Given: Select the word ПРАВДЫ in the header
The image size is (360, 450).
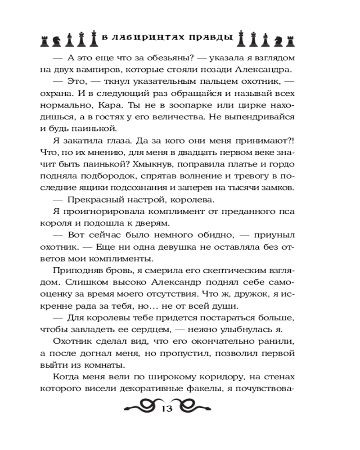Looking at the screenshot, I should [x=211, y=38].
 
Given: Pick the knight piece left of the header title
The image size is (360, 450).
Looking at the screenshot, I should [x=57, y=40].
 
